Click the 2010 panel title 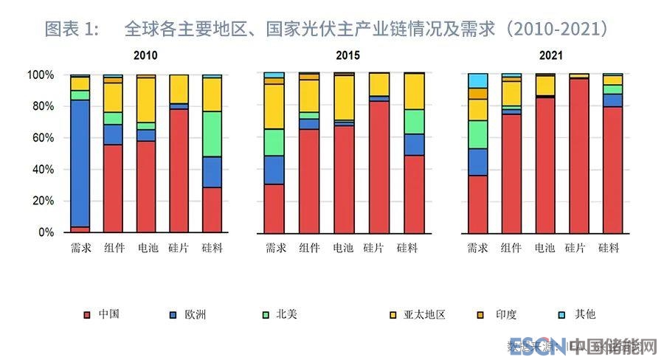tap(145, 55)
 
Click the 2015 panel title tap(347, 55)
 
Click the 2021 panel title tap(550, 55)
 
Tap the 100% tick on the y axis tap(40, 75)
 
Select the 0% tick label tap(46, 232)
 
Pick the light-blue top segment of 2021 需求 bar tap(477, 80)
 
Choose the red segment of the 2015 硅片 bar tap(379, 166)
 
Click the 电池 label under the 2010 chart tap(146, 249)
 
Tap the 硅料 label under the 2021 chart tap(609, 249)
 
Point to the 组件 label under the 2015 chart tap(309, 249)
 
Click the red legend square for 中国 tap(87, 315)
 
